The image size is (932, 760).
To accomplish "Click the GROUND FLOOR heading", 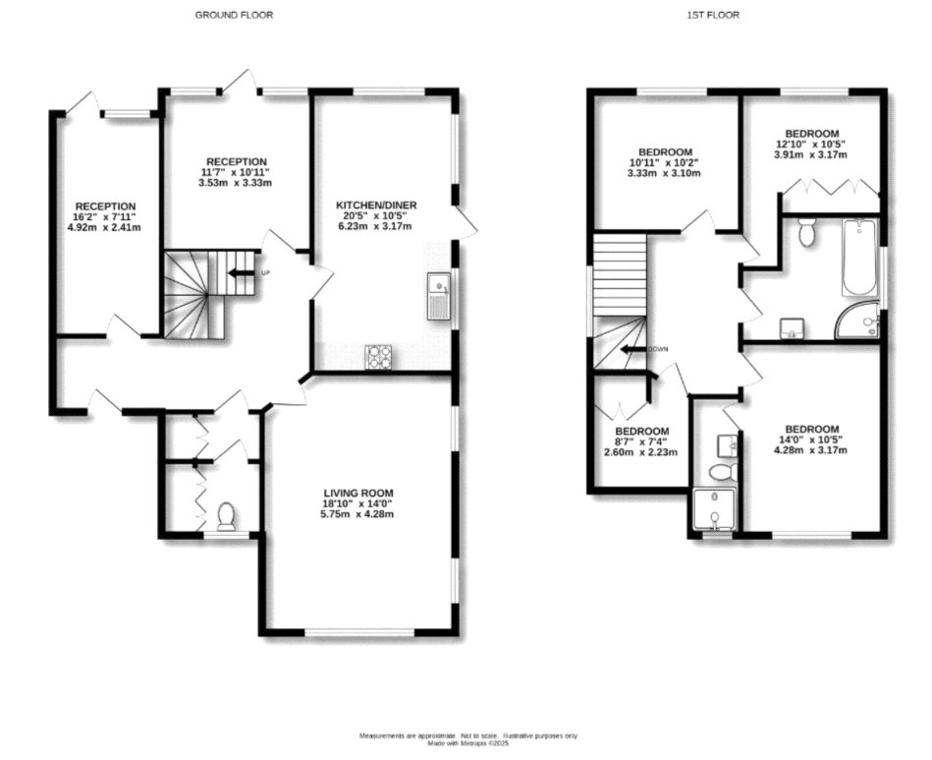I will tap(234, 15).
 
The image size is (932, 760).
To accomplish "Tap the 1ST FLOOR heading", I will tap(713, 15).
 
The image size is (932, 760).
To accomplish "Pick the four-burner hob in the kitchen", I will tap(377, 356).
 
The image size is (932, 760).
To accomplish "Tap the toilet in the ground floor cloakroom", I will tap(226, 515).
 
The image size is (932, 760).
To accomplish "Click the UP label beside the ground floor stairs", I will tap(265, 272).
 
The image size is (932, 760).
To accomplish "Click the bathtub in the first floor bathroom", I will tap(857, 258).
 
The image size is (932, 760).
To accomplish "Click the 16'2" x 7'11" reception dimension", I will tap(105, 217).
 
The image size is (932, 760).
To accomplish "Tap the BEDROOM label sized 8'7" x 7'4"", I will tap(641, 431).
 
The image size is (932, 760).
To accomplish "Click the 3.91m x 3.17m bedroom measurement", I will tap(811, 154).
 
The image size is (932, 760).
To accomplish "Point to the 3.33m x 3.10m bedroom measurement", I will tap(665, 173).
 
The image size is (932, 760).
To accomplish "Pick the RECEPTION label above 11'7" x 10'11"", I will tap(236, 161).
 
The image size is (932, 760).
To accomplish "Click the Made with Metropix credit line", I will tap(467, 743).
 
